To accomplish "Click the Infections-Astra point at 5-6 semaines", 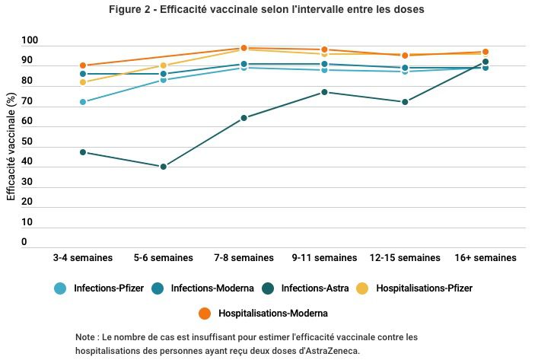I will [x=164, y=167].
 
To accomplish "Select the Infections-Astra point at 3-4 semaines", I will [x=83, y=152].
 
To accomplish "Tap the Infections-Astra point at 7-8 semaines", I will [x=244, y=118].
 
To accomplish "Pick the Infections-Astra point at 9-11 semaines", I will [x=324, y=92].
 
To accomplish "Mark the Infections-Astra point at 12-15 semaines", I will [x=405, y=102].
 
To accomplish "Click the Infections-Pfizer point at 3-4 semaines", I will [x=83, y=102].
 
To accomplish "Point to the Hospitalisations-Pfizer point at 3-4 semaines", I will [x=83, y=82].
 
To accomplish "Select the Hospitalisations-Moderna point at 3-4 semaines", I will [x=83, y=65].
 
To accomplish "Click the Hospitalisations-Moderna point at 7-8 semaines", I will [x=244, y=48].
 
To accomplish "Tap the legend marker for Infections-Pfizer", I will [x=60, y=288].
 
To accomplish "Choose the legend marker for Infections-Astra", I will [x=268, y=288].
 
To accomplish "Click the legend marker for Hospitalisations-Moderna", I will [x=205, y=313].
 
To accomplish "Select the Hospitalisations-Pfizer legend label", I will [x=424, y=288].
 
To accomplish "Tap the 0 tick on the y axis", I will [x=24, y=243].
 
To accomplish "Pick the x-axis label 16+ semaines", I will [x=485, y=258].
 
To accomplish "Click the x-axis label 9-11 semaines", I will [x=324, y=258].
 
